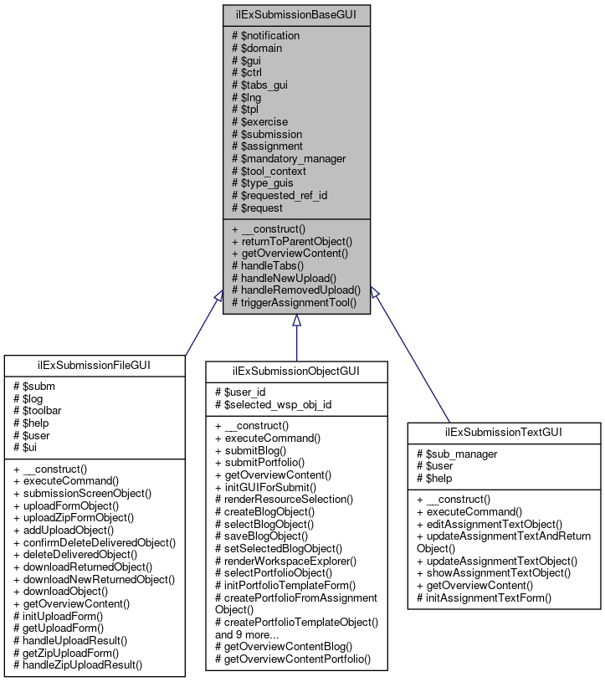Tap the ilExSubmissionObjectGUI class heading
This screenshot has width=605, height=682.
point(296,370)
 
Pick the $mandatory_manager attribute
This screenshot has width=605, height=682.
point(288,158)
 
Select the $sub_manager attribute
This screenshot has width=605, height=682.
point(457,454)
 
